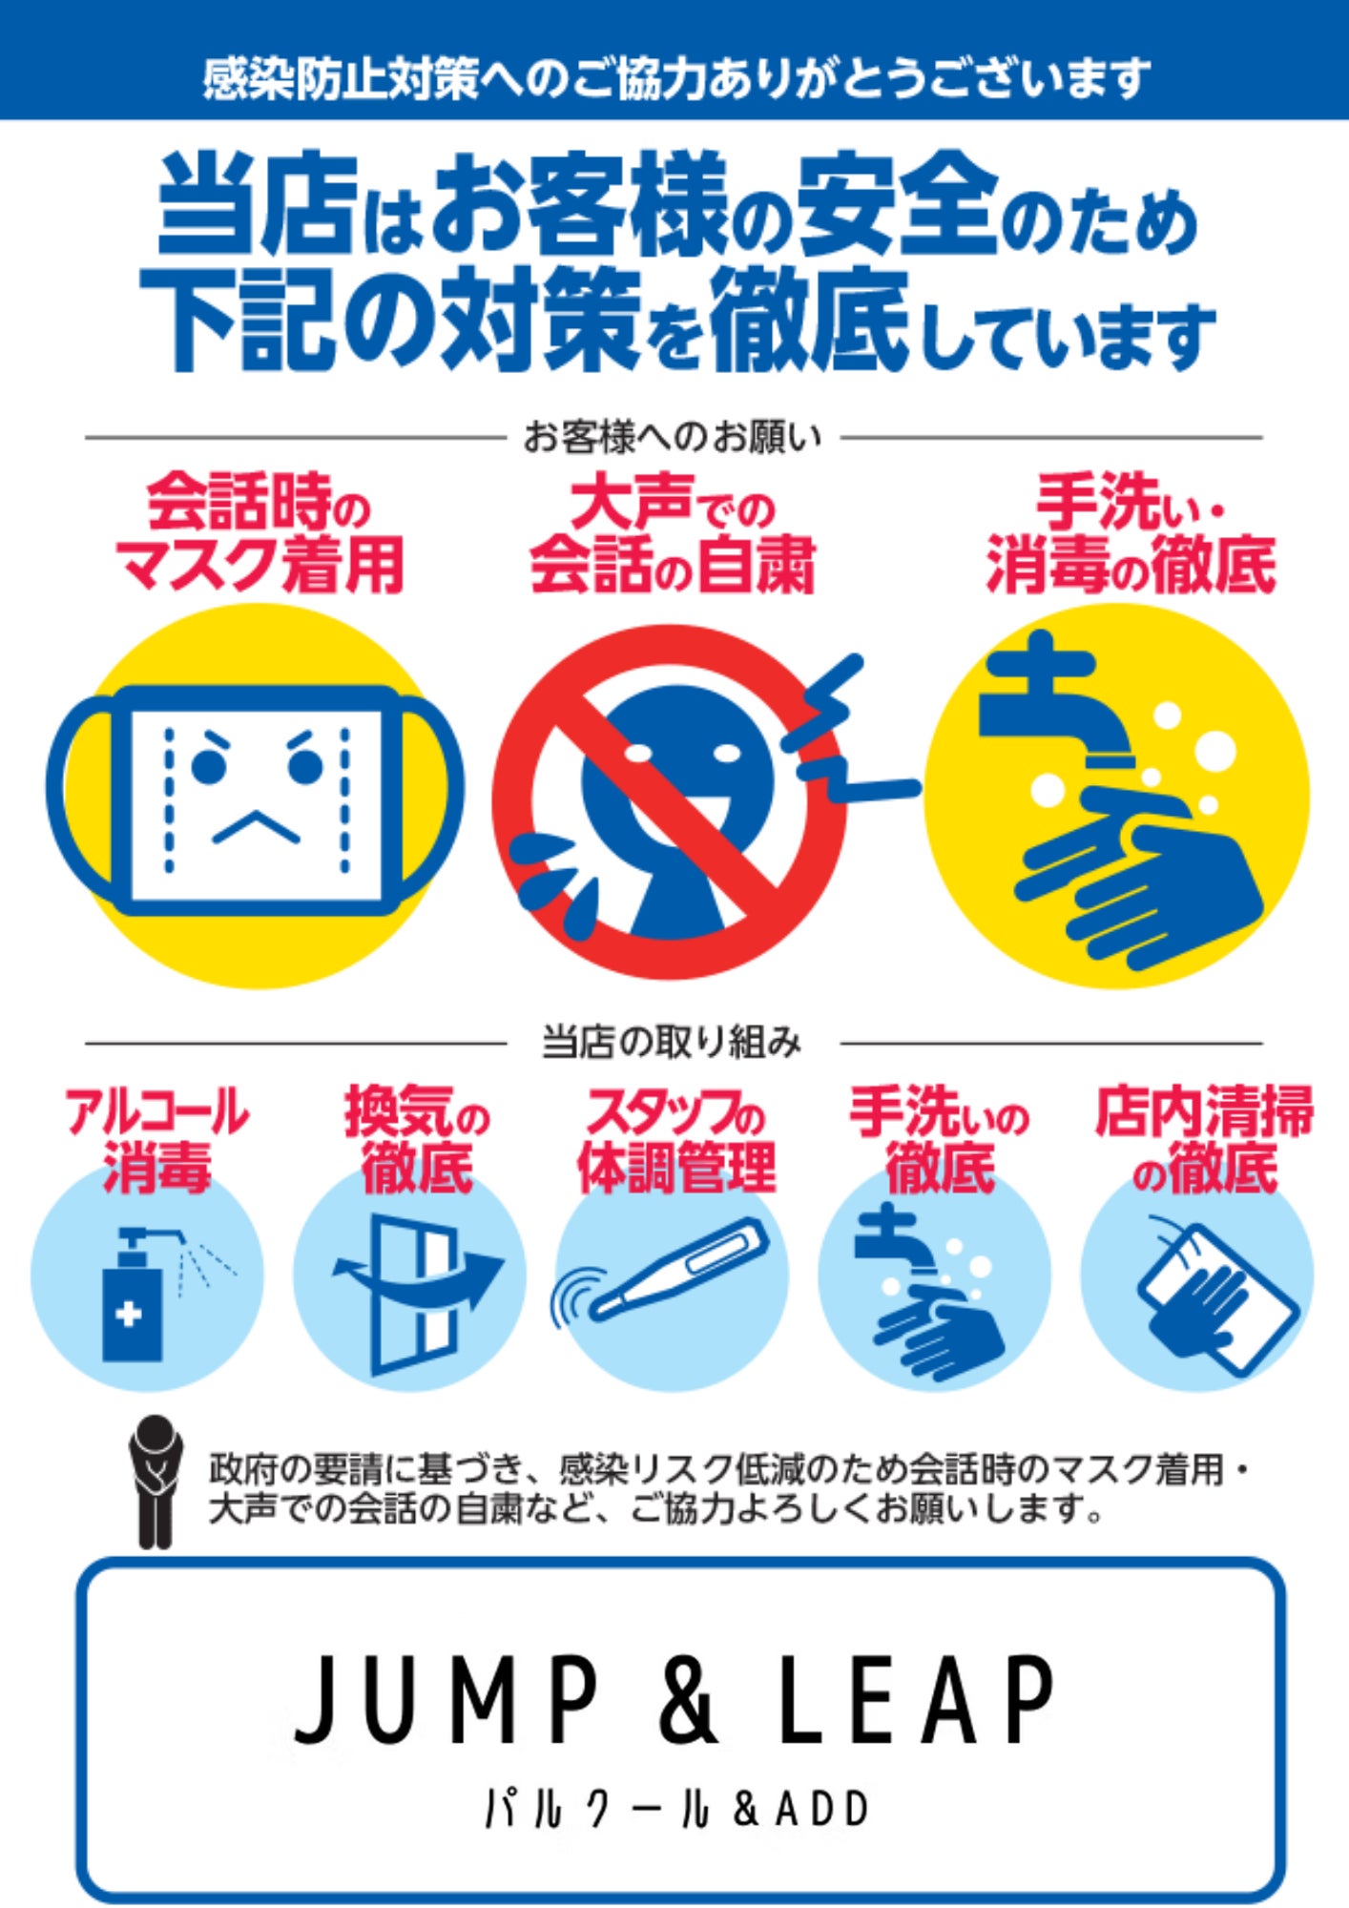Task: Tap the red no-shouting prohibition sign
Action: point(668,801)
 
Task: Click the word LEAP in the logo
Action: point(917,1699)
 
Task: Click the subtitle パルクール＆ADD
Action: point(677,1809)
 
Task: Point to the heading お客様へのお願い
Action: point(673,438)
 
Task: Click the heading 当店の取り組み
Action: point(673,1042)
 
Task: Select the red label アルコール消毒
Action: point(157,1139)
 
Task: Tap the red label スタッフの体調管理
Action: point(676,1139)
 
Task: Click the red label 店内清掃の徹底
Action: point(1204,1139)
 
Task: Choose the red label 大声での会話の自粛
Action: point(673,535)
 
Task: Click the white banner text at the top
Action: point(676,78)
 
